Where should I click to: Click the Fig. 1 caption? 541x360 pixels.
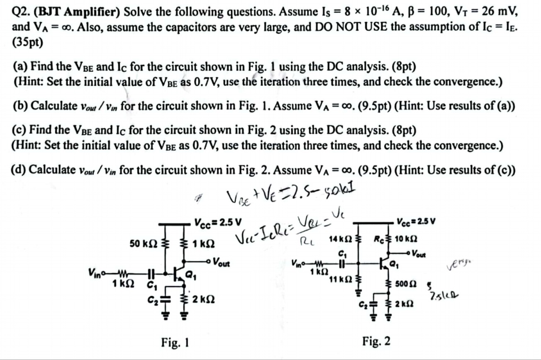tap(175, 343)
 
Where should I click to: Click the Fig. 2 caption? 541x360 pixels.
tap(376, 341)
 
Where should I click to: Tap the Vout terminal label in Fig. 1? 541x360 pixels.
tap(219, 263)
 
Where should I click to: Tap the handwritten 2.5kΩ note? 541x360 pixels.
tap(441, 296)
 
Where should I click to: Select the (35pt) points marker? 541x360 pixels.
tap(28, 42)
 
